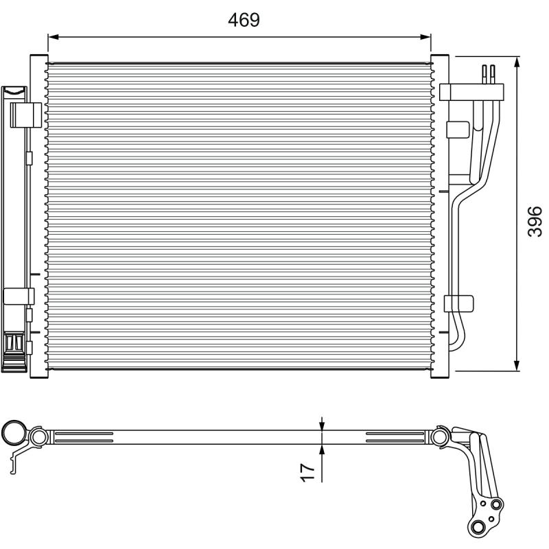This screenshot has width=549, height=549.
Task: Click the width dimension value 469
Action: point(244,20)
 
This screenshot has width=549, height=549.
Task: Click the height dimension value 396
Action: point(535,222)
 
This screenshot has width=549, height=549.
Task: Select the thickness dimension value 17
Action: point(307,472)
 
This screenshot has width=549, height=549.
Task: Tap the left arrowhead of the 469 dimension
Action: point(54,37)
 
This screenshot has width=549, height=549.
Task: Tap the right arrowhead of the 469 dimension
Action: point(425,37)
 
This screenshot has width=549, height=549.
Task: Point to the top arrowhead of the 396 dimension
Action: point(517,62)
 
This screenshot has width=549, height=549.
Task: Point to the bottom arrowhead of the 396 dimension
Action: point(517,365)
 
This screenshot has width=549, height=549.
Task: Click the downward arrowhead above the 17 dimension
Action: point(322,425)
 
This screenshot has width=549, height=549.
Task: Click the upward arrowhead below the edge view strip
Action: point(322,450)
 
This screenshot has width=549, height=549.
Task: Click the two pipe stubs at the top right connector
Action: point(488,74)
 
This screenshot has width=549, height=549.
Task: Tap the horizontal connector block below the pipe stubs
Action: point(471,93)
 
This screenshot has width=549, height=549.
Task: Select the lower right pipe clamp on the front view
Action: point(458,303)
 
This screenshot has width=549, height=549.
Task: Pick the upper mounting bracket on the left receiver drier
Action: point(26,115)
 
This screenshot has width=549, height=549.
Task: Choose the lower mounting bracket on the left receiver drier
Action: point(19,296)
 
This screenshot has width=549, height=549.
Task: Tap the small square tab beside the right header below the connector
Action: point(458,130)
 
